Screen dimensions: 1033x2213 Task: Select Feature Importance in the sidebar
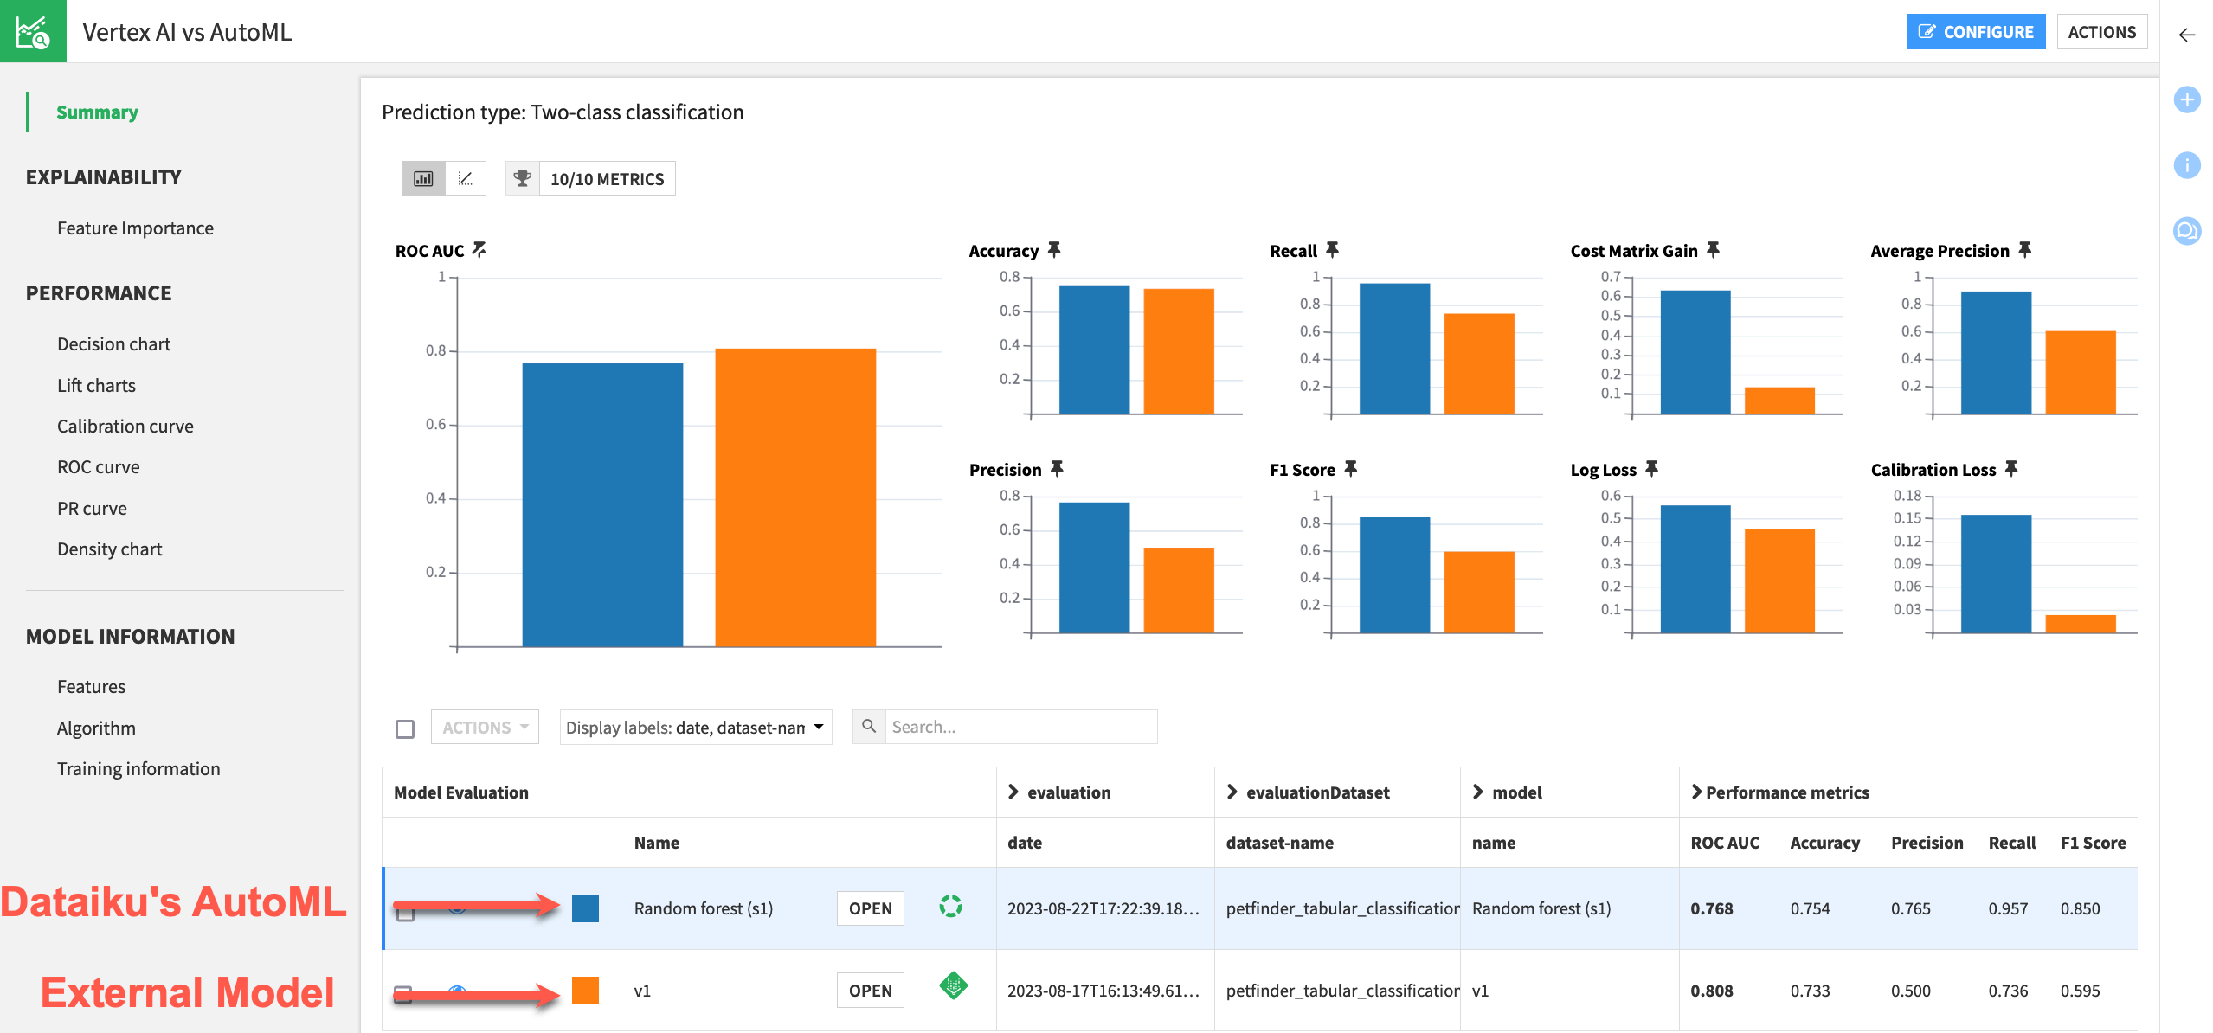click(135, 228)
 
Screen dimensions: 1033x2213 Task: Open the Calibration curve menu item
click(125, 427)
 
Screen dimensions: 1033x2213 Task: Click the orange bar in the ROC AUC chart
click(794, 497)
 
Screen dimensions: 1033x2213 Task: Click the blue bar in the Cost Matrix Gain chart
click(1695, 352)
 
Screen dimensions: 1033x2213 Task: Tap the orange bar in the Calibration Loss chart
click(2080, 623)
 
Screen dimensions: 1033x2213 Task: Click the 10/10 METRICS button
click(607, 179)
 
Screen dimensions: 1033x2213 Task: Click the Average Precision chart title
click(1939, 252)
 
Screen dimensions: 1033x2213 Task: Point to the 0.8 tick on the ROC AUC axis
click(435, 351)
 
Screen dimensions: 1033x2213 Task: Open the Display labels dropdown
click(694, 728)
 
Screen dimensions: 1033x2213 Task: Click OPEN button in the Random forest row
click(870, 908)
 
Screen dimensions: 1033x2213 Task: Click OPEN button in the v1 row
click(870, 991)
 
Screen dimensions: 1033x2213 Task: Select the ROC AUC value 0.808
click(1711, 991)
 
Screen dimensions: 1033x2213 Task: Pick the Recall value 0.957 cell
click(2007, 908)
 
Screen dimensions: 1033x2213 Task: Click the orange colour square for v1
click(585, 991)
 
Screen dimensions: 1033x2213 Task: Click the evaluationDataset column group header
click(1316, 792)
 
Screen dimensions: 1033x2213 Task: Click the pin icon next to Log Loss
click(1651, 469)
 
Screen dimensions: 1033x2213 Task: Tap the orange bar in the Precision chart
click(1178, 589)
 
